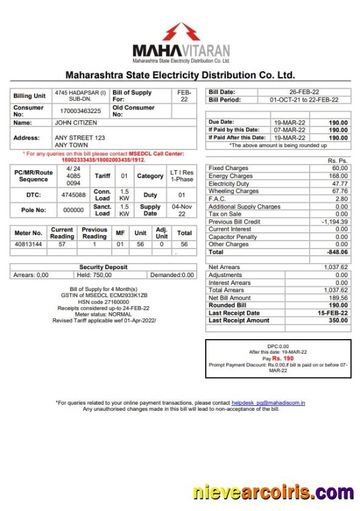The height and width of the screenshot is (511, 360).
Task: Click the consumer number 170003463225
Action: [x=80, y=111]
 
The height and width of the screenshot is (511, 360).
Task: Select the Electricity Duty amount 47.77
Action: [x=339, y=183]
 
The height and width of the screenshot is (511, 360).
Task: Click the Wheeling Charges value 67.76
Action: [x=339, y=191]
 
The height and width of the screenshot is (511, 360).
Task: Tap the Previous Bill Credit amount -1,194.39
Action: [x=335, y=222]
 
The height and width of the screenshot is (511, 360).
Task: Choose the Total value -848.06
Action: [x=337, y=252]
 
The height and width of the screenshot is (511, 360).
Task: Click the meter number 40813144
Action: [x=29, y=244]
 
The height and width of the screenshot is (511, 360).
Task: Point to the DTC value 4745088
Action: [x=73, y=195]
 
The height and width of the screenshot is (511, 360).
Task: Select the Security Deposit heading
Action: [x=103, y=267]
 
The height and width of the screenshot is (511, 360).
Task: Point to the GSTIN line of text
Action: [x=104, y=295]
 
